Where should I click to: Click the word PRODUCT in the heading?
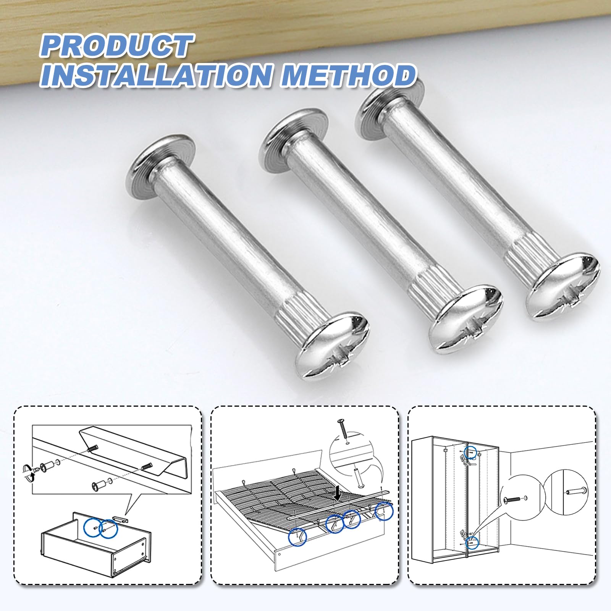116,46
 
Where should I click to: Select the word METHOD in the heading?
348,75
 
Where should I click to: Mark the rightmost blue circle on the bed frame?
384,512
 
